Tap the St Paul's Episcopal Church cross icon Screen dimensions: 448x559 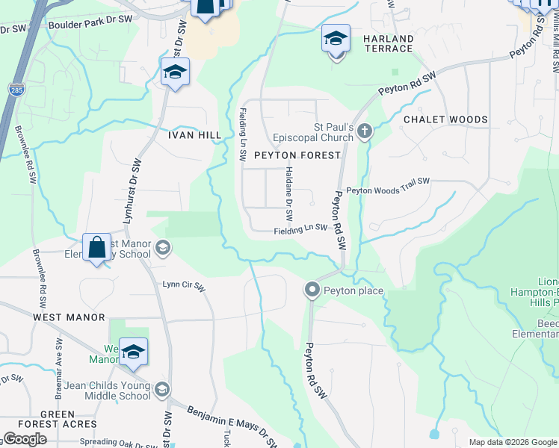tap(364, 132)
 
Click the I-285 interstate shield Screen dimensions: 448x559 tap(15, 90)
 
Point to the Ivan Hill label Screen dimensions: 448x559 tap(194, 135)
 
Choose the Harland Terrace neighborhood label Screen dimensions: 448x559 tap(388, 43)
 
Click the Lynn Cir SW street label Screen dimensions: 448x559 tap(184, 284)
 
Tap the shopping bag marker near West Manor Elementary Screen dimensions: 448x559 tap(97, 247)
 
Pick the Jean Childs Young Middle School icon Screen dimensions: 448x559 tap(162, 390)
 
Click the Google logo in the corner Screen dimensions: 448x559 tap(24, 439)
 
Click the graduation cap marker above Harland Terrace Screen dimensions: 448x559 tap(336, 37)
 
